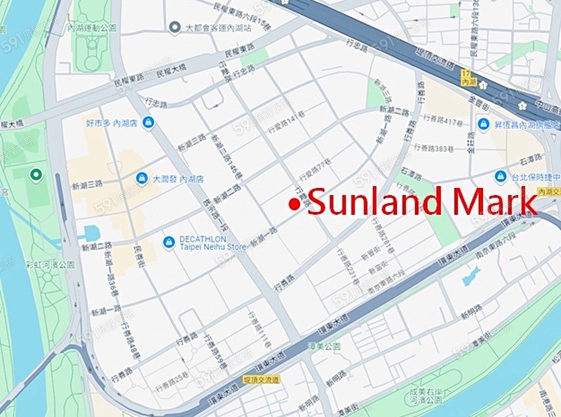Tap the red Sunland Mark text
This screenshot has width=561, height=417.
(421, 202)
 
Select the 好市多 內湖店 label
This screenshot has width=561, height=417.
(112, 123)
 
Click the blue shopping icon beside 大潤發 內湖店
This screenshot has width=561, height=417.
(142, 179)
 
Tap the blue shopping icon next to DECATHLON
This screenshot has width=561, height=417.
(168, 241)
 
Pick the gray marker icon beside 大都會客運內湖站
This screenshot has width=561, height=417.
(175, 27)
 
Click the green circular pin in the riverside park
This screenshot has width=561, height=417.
(36, 175)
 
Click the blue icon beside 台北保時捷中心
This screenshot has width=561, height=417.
(500, 177)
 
